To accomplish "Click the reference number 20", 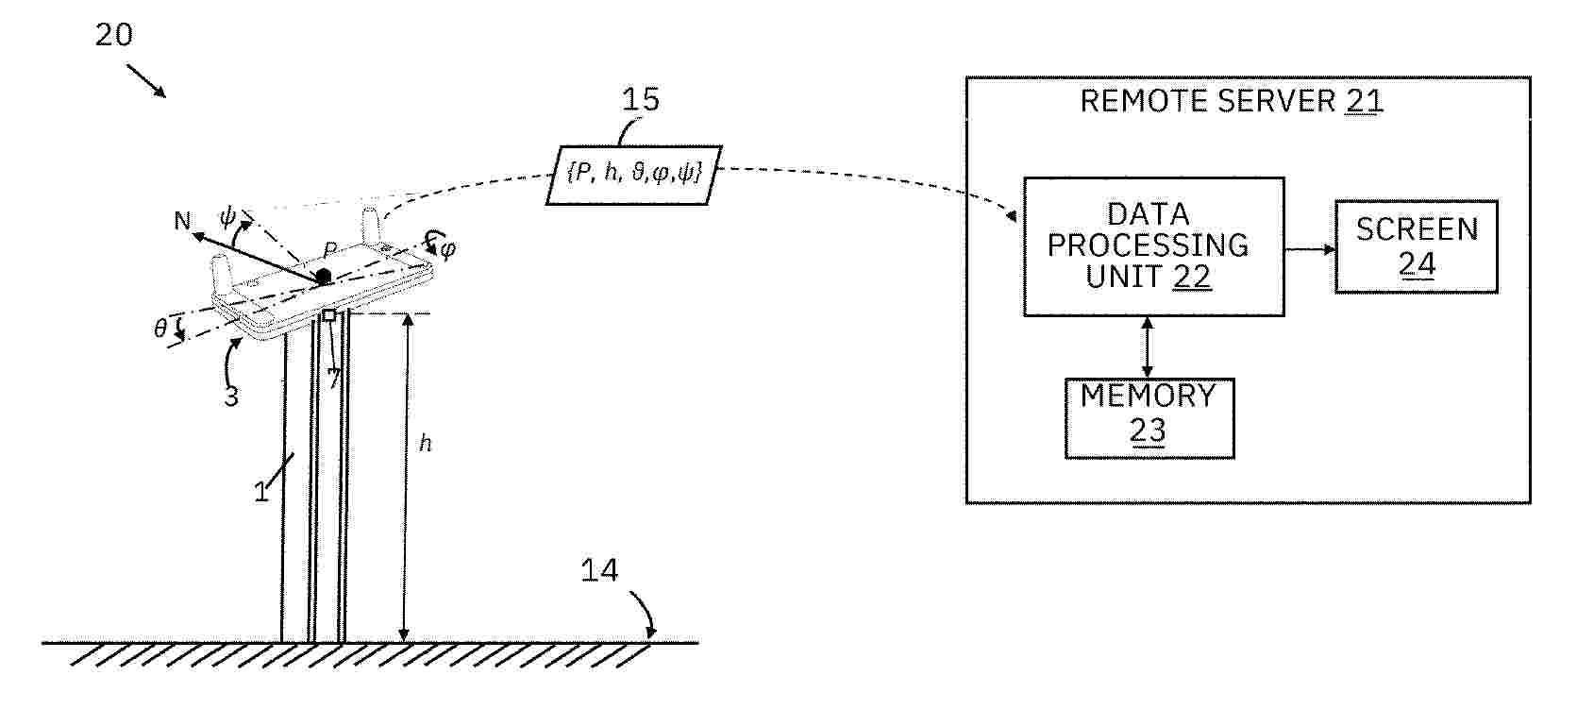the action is [114, 35].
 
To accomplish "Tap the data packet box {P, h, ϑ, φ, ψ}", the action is [634, 176].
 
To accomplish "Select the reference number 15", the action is [641, 99].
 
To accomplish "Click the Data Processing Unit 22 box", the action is [1153, 246].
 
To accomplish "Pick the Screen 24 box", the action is [1416, 246].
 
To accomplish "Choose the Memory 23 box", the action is [1149, 418].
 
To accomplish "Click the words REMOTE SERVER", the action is [1207, 101].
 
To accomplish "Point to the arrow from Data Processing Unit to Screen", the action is [1310, 248].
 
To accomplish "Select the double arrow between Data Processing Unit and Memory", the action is [1148, 347].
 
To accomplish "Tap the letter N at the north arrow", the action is [182, 221].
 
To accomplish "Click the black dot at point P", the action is [323, 276].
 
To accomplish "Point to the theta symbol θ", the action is [160, 329].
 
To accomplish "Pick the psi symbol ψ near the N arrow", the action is [227, 217].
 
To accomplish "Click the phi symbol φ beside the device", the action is [447, 248].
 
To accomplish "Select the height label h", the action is [425, 443].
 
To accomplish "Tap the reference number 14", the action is [599, 569].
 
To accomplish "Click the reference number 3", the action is [231, 397].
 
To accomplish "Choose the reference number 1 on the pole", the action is [261, 492].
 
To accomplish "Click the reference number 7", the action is [334, 379].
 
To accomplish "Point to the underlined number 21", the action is [1365, 102].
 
